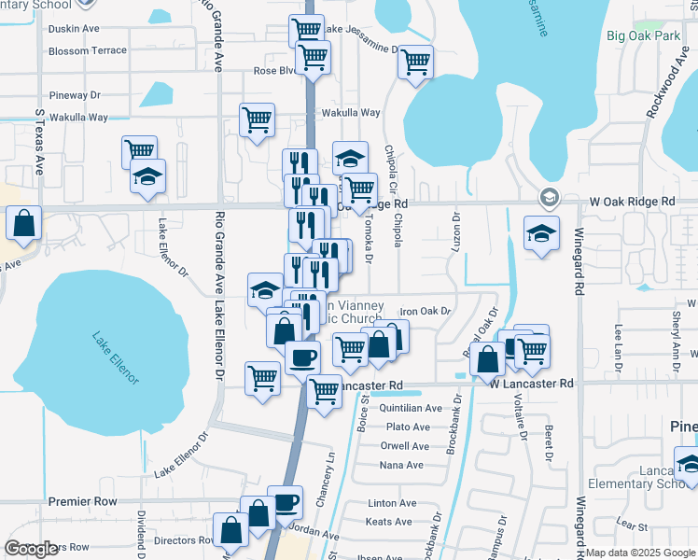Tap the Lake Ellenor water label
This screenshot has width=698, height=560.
click(116, 359)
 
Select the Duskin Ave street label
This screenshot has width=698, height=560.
click(73, 29)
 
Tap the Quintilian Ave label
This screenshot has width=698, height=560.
click(411, 408)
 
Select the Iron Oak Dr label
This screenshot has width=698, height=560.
click(425, 311)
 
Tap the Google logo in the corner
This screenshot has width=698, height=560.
click(32, 549)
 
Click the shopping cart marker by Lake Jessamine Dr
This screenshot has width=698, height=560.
click(415, 63)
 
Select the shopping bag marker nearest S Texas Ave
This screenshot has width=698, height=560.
click(24, 224)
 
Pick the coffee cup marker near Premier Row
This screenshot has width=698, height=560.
click(286, 503)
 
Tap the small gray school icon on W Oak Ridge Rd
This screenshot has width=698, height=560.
click(549, 198)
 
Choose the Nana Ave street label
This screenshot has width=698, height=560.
click(402, 465)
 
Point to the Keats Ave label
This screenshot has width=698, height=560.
click(388, 522)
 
